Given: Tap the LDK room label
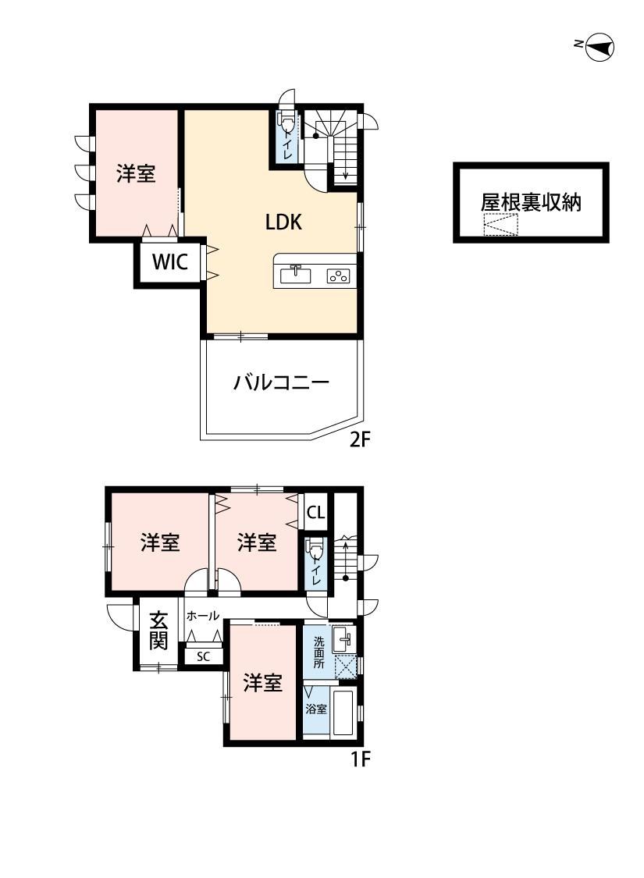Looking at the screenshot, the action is click(283, 222).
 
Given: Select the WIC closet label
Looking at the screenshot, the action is click(170, 261).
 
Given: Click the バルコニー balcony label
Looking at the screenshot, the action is click(281, 383).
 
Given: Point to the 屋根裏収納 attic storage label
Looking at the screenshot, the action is click(530, 202).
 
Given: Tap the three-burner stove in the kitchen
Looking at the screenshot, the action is click(338, 275).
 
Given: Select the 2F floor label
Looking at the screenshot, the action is click(360, 440).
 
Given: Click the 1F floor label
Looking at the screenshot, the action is click(360, 760).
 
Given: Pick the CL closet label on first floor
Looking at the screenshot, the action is click(316, 512).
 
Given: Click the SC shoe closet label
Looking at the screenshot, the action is click(203, 656).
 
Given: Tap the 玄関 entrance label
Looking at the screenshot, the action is click(158, 631).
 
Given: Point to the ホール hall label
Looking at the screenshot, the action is click(203, 616).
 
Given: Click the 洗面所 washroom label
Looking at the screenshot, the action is click(318, 652).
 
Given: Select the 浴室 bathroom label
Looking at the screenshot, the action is click(316, 709).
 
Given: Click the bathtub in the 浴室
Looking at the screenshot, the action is click(343, 712).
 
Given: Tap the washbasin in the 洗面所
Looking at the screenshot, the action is click(343, 639).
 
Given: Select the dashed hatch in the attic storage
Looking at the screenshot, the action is click(500, 225).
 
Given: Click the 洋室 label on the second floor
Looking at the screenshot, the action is click(136, 173).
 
